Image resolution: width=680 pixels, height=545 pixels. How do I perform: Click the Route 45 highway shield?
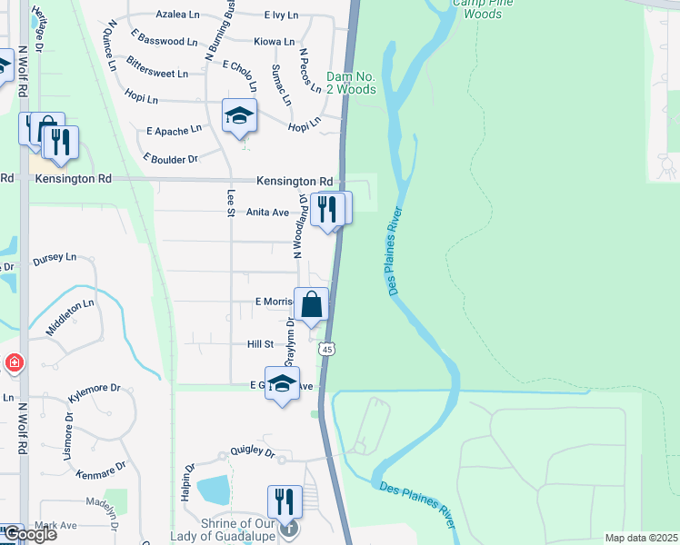(x=327, y=348)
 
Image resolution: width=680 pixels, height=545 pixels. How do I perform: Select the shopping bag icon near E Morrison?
(x=311, y=304)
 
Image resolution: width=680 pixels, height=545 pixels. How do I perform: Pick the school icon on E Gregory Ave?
(x=282, y=382)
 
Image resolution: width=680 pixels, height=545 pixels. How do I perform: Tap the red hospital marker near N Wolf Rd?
(x=14, y=363)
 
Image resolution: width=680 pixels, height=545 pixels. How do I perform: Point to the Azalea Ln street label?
(x=177, y=15)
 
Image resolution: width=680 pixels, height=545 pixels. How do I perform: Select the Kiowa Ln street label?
(x=275, y=42)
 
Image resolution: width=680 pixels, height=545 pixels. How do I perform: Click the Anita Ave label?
(x=267, y=213)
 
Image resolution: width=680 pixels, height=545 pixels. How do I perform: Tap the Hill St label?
(x=260, y=344)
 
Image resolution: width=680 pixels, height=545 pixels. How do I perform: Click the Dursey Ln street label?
(x=55, y=258)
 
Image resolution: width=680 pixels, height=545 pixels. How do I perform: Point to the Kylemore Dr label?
(x=95, y=388)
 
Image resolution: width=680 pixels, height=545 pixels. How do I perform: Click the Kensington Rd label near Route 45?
(x=294, y=182)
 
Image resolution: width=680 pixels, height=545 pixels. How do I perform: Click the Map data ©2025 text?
(x=641, y=538)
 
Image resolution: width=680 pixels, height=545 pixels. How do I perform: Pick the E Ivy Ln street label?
(x=281, y=15)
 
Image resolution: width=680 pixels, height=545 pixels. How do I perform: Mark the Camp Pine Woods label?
(x=477, y=8)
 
